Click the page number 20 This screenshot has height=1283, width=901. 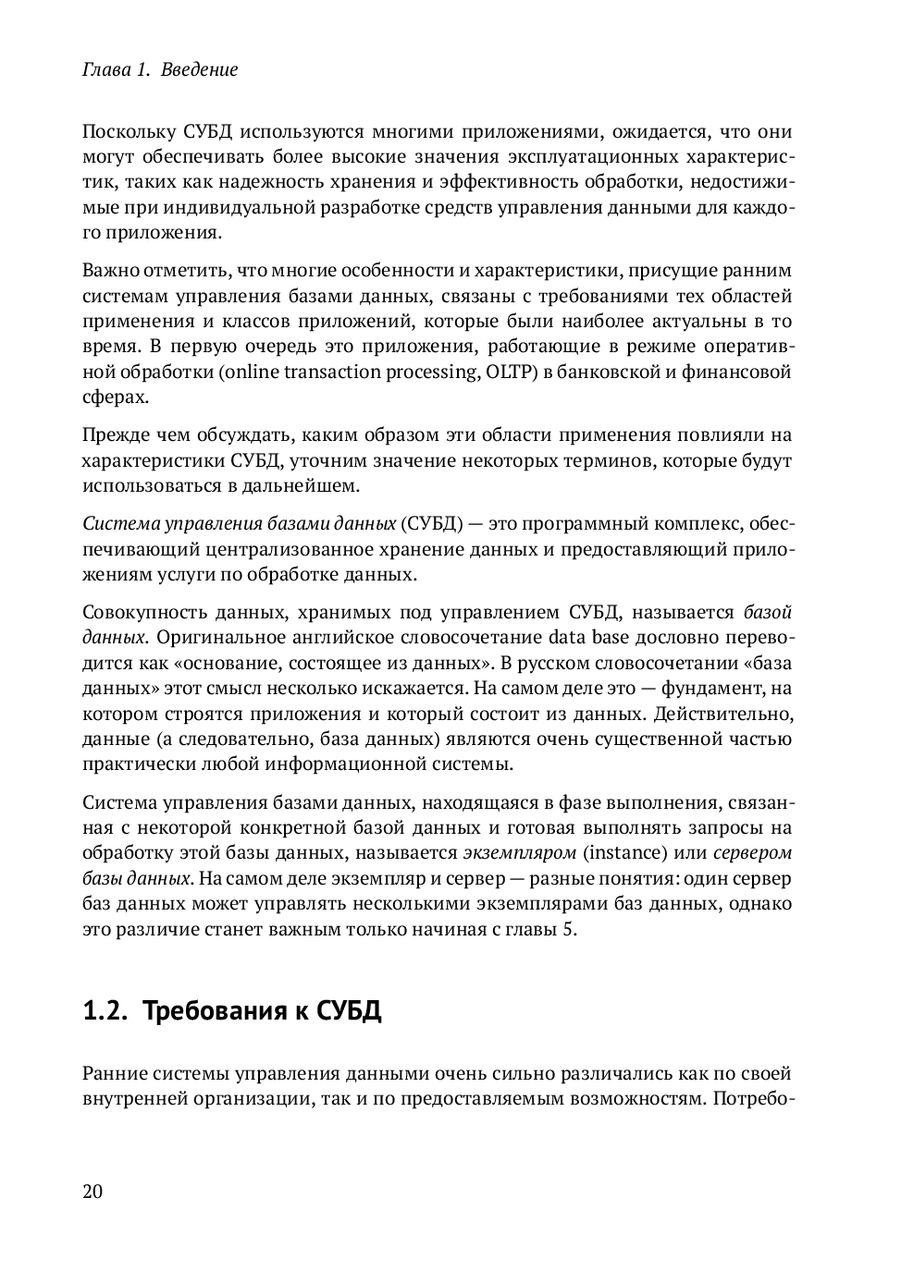[93, 1191]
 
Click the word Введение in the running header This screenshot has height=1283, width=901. [199, 69]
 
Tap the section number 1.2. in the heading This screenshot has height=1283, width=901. [104, 1010]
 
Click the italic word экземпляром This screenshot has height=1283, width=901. [519, 852]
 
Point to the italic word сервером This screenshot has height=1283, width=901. [754, 852]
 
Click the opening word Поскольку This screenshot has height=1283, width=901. [125, 131]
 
